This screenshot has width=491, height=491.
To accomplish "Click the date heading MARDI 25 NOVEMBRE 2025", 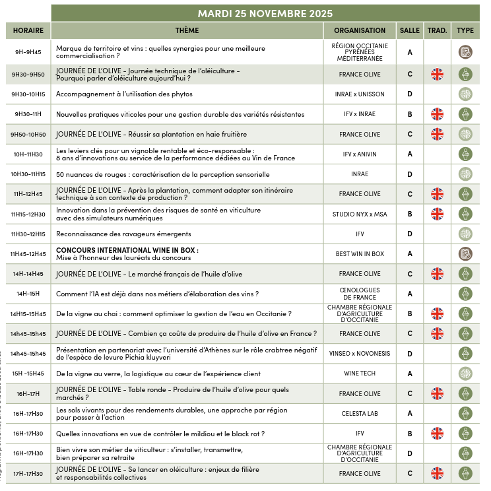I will coord(265,13).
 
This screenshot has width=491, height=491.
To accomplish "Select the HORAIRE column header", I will coord(28,30).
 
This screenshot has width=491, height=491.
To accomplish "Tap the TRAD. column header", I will coord(437,30).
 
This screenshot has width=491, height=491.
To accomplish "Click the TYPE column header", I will coord(465,30).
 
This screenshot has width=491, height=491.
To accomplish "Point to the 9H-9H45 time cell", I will coord(28,52).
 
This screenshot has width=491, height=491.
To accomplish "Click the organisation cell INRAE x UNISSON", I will coord(360,94).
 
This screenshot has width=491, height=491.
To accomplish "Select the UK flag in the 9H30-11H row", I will coord(437,114).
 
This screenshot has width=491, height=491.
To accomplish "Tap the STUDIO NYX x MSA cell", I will coord(360,214).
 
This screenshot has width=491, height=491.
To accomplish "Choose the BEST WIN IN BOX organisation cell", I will coord(360,254).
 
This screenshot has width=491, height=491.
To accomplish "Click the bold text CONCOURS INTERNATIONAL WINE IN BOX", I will coord(127,250).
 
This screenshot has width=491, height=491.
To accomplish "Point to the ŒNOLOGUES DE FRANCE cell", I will coord(360,294).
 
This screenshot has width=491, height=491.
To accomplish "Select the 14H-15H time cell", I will coord(28,294).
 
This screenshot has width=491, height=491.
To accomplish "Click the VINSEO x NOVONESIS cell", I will coord(360,354).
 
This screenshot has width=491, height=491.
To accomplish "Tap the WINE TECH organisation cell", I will coord(360,374).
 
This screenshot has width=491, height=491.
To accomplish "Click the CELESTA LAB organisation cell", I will coord(360,414).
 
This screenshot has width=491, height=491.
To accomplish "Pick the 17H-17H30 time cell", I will coord(28,474).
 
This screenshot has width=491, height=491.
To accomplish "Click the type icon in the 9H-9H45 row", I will coord(465,52).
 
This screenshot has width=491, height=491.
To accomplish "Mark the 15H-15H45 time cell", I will coord(28,374).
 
